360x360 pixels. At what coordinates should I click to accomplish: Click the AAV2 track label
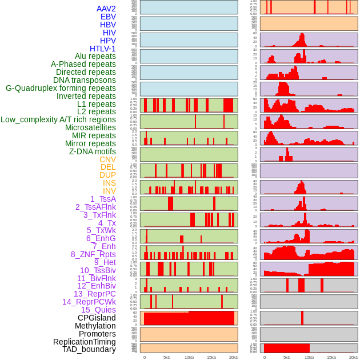106,9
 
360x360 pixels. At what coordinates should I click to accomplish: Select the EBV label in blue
108,17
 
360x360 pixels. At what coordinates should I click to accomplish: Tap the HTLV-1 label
103,49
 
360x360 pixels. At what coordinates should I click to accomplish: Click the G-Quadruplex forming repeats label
61,88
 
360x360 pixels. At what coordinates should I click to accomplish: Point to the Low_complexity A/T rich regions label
58,119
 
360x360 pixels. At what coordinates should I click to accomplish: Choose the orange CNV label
107,159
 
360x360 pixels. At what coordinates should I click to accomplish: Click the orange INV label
109,191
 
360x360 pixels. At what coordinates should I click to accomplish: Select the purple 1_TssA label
103,199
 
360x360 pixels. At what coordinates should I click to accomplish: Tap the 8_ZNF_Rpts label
93,254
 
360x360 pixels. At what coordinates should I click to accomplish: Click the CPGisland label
97,318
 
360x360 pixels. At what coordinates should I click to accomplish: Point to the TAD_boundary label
89,349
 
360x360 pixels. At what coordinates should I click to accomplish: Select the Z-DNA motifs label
92,151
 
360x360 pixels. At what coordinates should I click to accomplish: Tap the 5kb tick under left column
167,357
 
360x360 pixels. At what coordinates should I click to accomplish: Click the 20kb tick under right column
354,357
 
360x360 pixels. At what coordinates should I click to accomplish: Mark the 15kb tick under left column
211,357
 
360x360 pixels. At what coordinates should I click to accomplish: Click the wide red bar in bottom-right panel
287,347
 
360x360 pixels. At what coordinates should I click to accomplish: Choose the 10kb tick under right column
309,357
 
